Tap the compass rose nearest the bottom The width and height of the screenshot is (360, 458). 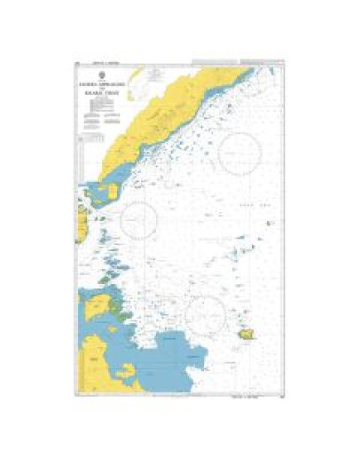click(x=206, y=312)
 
